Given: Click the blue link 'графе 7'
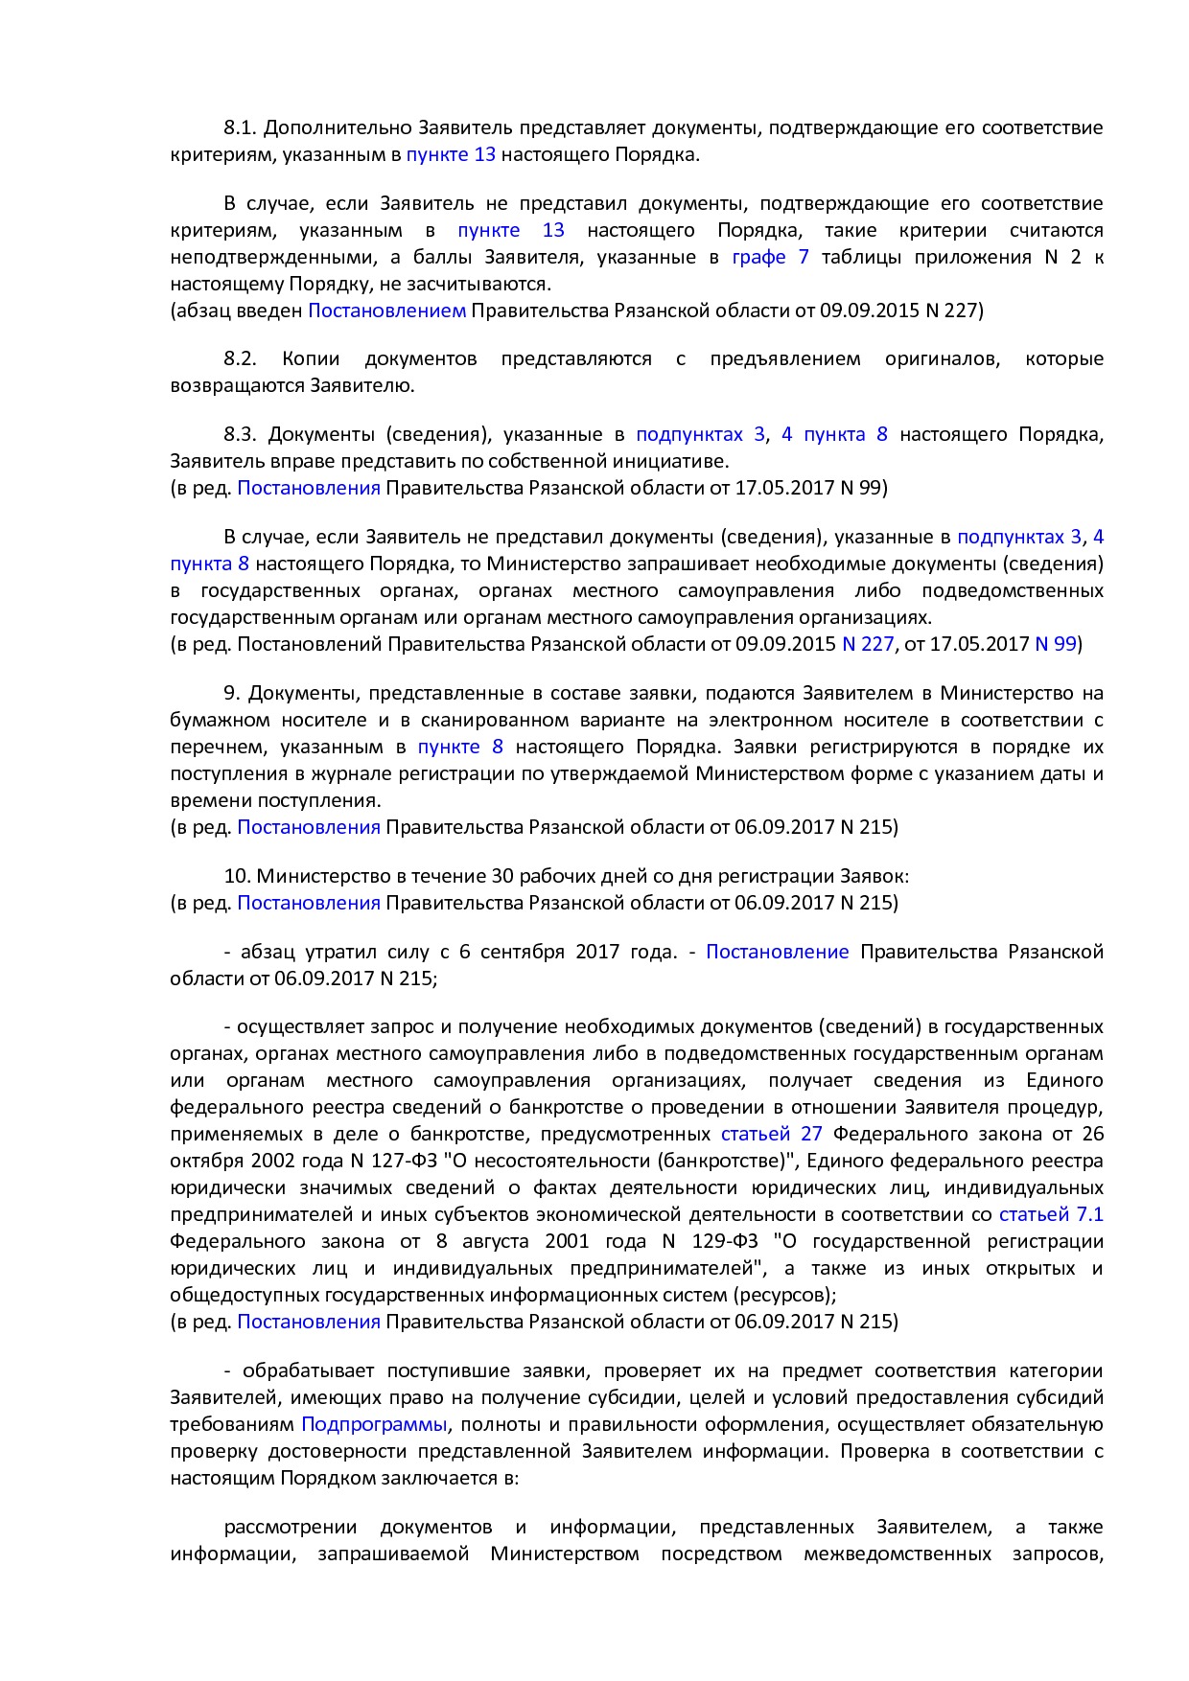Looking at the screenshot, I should pyautogui.click(x=770, y=257).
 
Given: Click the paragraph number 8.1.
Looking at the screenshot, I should pyautogui.click(x=241, y=127).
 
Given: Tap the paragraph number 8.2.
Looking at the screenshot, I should pyautogui.click(x=241, y=358).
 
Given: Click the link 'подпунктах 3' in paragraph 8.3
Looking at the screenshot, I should pyautogui.click(x=700, y=434).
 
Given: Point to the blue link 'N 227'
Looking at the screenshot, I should pyautogui.click(x=867, y=644).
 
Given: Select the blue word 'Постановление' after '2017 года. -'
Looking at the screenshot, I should pyautogui.click(x=777, y=952).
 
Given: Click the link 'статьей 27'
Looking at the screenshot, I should pyautogui.click(x=771, y=1134).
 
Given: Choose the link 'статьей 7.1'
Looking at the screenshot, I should pyautogui.click(x=1051, y=1214).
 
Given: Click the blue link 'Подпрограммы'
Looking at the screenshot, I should pyautogui.click(x=374, y=1424).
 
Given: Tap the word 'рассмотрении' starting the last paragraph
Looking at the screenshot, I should pyautogui.click(x=291, y=1527).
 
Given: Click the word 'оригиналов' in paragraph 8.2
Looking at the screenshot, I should pyautogui.click(x=943, y=358).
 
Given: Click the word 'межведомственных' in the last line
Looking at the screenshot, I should pyautogui.click(x=897, y=1554).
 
